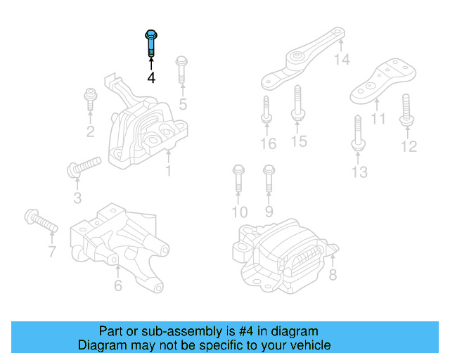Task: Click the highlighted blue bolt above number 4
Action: point(151,44)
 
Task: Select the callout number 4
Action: point(151,77)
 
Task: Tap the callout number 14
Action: point(341,60)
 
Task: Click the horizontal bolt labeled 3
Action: point(83,167)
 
